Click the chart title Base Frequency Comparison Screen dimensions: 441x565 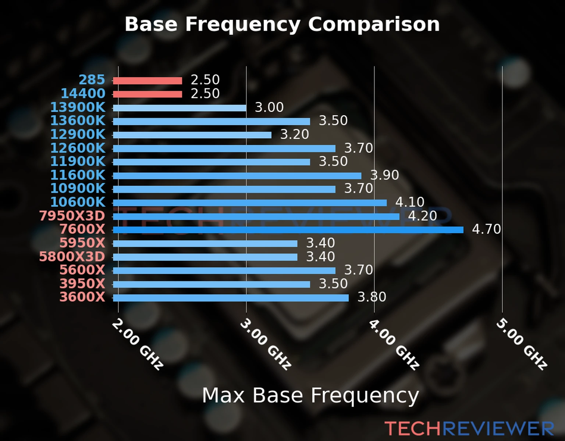tap(282, 24)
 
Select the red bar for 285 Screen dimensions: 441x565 tap(147, 81)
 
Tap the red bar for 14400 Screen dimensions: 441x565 tap(147, 94)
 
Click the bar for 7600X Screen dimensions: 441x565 tap(288, 230)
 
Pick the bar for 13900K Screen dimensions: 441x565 tap(180, 108)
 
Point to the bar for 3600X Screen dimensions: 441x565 tap(231, 298)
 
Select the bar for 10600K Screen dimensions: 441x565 tap(250, 203)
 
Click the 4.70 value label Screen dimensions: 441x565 tap(486, 229)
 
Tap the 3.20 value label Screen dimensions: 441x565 tap(295, 135)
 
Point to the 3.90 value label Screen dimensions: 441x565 tap(384, 175)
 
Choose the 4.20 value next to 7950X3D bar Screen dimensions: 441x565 tap(422, 216)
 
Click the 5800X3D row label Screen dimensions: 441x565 tap(72, 257)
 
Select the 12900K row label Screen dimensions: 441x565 tap(78, 135)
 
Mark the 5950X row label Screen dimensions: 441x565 tap(82, 243)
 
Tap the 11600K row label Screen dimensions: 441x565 tap(78, 175)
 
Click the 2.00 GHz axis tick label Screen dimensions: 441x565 tap(137, 344)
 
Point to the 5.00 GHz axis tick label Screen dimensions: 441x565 tap(522, 344)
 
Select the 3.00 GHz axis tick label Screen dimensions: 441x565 tap(265, 344)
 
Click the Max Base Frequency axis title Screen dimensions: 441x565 tap(310, 395)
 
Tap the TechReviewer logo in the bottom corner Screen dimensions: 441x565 tap(469, 429)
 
